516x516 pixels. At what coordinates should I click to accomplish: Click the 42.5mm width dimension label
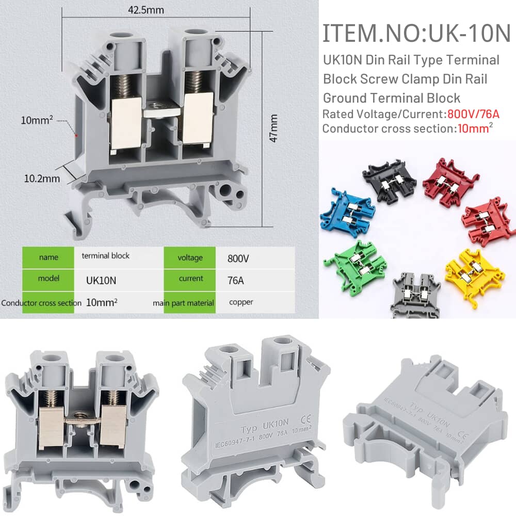pos(146,10)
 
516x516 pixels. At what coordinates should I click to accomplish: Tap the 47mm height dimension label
pos(273,128)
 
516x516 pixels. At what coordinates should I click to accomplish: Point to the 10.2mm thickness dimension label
pos(42,179)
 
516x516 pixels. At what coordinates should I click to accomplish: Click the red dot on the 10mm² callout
pos(76,135)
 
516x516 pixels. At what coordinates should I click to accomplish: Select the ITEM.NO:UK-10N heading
pos(416,33)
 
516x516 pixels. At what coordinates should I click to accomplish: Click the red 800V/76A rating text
pos(473,114)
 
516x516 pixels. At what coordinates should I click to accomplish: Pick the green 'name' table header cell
pos(49,257)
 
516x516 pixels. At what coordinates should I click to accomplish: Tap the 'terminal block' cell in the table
pos(106,256)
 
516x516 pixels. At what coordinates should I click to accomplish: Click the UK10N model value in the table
pos(101,280)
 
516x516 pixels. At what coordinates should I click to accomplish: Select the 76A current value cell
pos(236,280)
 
